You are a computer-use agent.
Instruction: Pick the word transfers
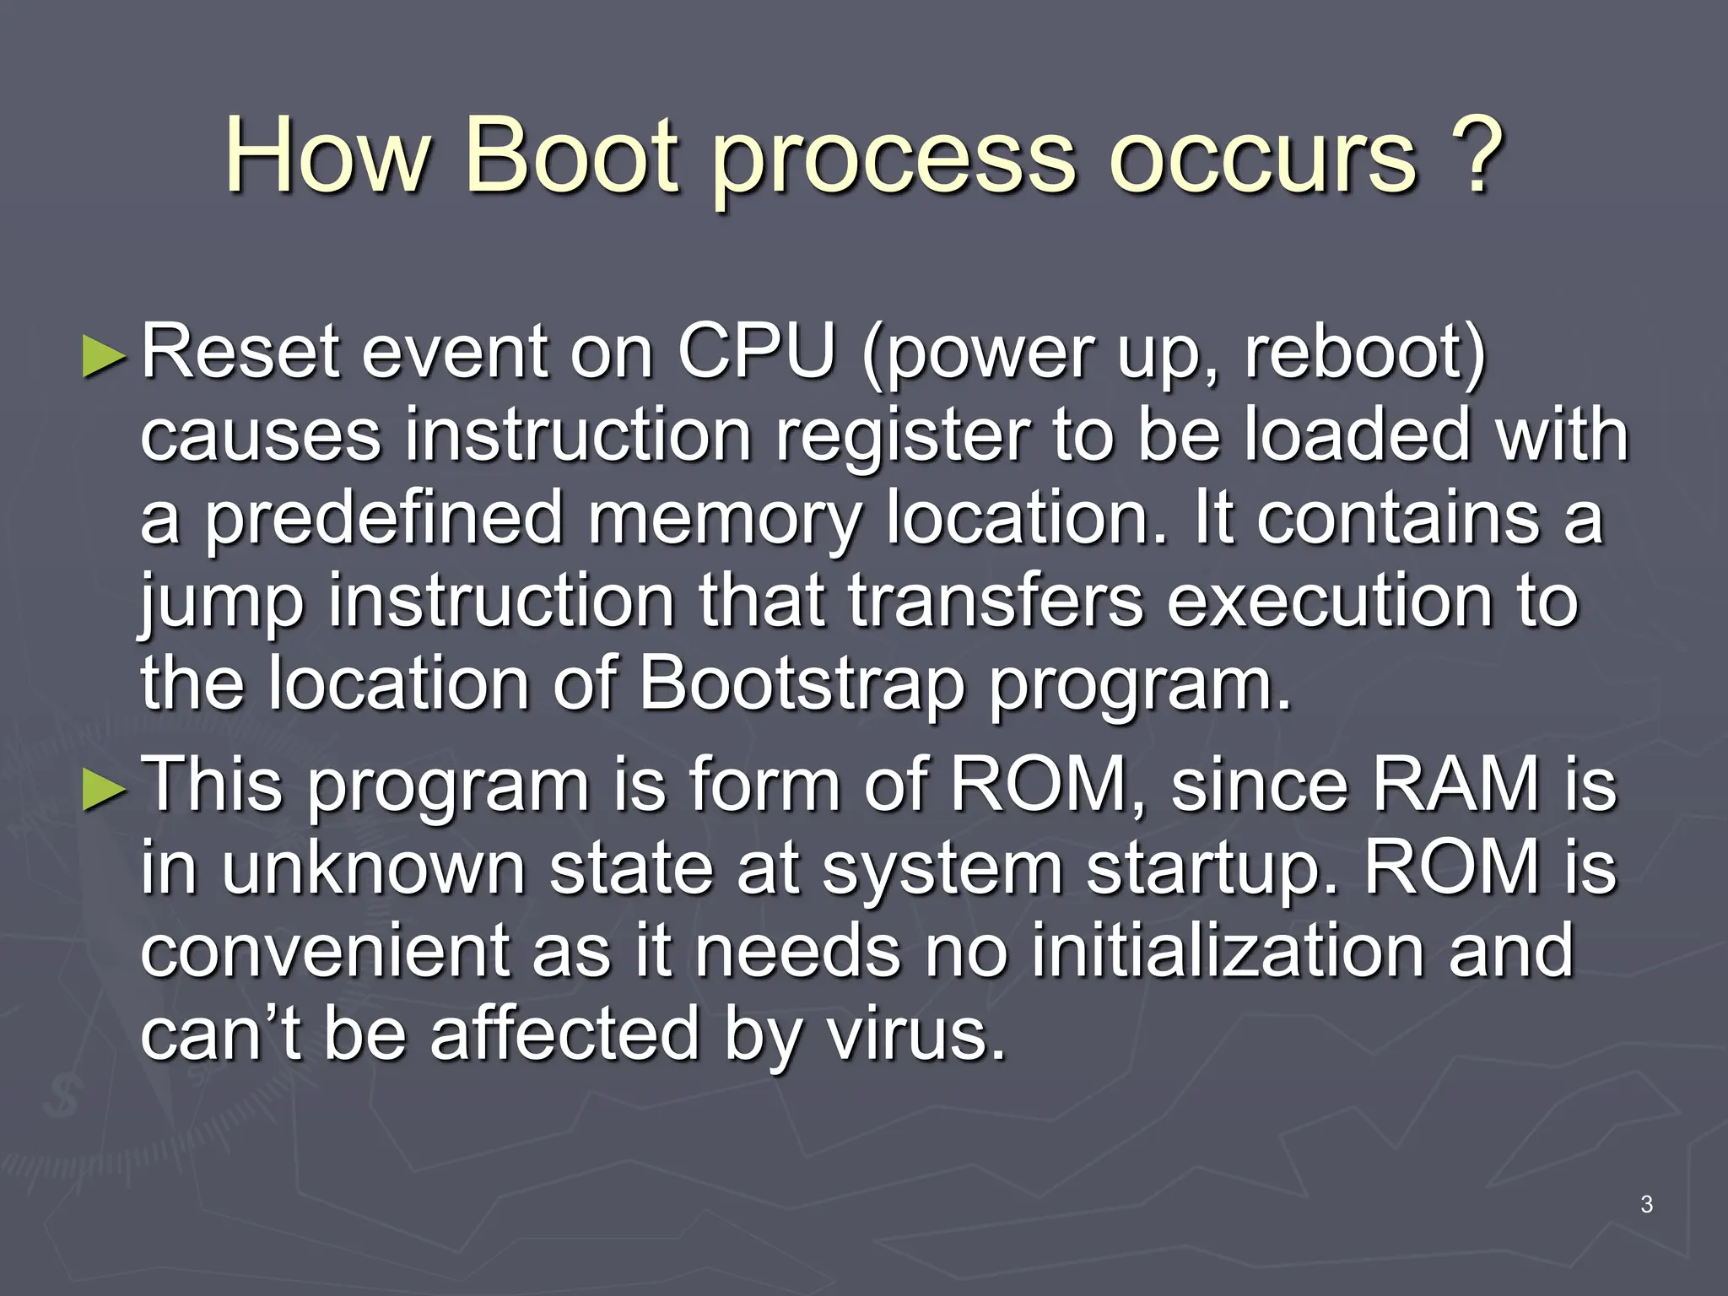[996, 601]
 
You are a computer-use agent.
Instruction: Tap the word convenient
[325, 952]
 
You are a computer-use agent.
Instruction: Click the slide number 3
[1646, 1204]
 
